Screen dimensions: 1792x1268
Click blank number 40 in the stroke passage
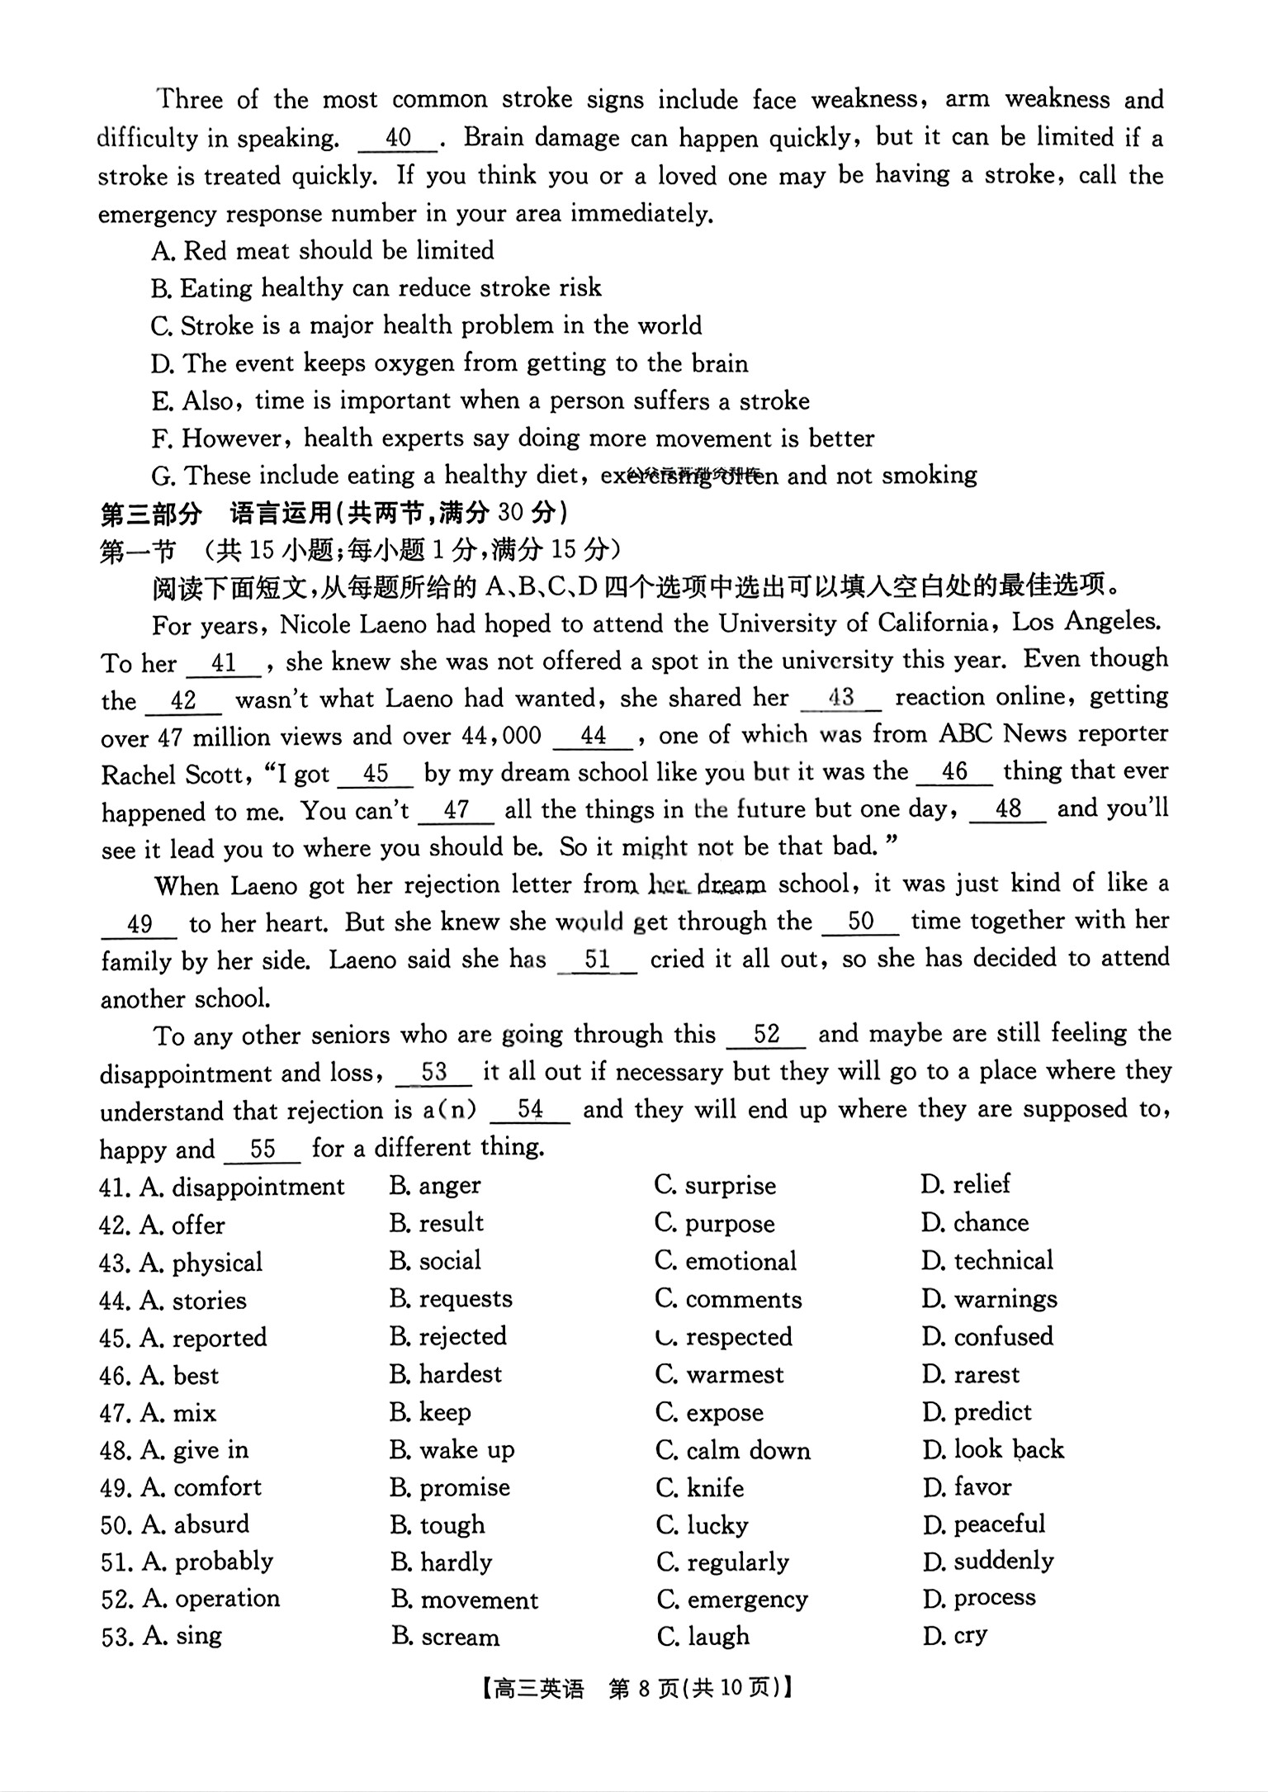click(x=398, y=138)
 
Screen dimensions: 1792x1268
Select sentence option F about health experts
click(x=512, y=439)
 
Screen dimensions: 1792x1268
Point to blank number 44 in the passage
click(x=593, y=736)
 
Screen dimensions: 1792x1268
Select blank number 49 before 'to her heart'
click(x=140, y=924)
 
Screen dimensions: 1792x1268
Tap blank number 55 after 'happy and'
click(x=263, y=1149)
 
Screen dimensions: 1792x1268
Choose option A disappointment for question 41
click(x=242, y=1187)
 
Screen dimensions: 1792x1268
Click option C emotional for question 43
click(x=726, y=1261)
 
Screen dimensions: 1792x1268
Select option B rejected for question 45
click(x=448, y=1336)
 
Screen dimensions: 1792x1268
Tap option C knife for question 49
click(x=700, y=1488)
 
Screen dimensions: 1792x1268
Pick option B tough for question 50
click(x=438, y=1525)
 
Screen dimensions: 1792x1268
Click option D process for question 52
click(x=979, y=1598)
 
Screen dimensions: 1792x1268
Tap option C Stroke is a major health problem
click(x=426, y=326)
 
